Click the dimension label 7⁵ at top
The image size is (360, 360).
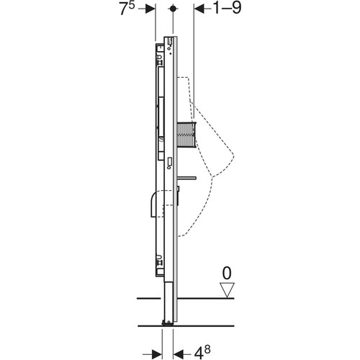127,9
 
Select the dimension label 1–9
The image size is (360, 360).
227,9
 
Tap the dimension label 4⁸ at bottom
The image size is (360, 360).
202,352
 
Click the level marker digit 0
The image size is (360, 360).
227,273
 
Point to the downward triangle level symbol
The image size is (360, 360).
227,290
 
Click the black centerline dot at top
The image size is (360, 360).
173,9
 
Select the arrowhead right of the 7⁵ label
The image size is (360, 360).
150,9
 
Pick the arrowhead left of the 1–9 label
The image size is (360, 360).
199,9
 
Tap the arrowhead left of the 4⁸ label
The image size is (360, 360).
179,354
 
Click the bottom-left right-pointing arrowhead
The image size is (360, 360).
157,354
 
